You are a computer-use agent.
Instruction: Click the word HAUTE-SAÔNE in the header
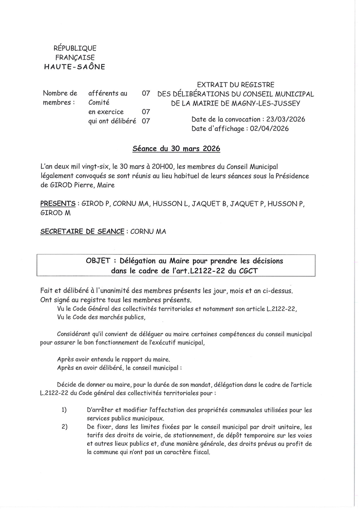pyautogui.click(x=74, y=67)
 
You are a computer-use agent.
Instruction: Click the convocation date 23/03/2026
pyautogui.click(x=286, y=119)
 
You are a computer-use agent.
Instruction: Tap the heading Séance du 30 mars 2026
pyautogui.click(x=176, y=149)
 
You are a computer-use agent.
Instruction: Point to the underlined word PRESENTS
pyautogui.click(x=58, y=204)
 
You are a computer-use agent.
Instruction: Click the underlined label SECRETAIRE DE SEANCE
pyautogui.click(x=82, y=232)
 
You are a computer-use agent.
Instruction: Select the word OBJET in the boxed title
pyautogui.click(x=98, y=261)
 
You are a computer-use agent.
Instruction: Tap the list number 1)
pyautogui.click(x=64, y=410)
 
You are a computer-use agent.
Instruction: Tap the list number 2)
pyautogui.click(x=64, y=427)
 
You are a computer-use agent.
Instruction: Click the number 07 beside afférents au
pyautogui.click(x=146, y=94)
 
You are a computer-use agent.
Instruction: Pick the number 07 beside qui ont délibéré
pyautogui.click(x=146, y=121)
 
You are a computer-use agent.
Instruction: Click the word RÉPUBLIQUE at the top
pyautogui.click(x=75, y=48)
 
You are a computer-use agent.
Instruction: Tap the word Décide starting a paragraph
pyautogui.click(x=68, y=385)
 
